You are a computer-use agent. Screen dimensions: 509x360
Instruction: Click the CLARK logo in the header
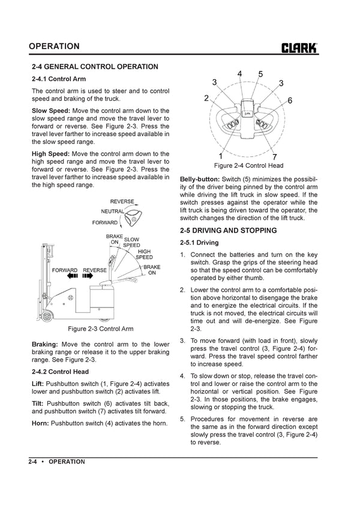tap(299, 47)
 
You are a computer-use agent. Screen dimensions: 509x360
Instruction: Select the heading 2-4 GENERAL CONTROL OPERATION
tap(95, 67)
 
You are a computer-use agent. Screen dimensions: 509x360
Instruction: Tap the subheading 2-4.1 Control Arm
tap(58, 79)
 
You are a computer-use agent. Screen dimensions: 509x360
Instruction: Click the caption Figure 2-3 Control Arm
tap(100, 329)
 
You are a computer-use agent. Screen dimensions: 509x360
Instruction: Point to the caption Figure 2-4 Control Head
tap(248, 165)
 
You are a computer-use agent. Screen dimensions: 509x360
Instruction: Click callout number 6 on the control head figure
tap(290, 101)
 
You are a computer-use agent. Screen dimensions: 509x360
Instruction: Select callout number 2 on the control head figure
tap(206, 98)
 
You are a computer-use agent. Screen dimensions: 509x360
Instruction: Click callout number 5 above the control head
tap(260, 74)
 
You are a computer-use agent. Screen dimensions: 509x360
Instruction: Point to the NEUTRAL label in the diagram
tap(112, 212)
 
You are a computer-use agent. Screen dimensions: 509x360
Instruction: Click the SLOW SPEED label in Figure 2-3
tap(131, 242)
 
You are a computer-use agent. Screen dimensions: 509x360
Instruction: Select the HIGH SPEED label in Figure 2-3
tap(144, 254)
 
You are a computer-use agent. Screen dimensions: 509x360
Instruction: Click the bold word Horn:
tap(40, 423)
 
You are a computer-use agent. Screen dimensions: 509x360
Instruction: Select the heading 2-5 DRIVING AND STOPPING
tap(228, 231)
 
